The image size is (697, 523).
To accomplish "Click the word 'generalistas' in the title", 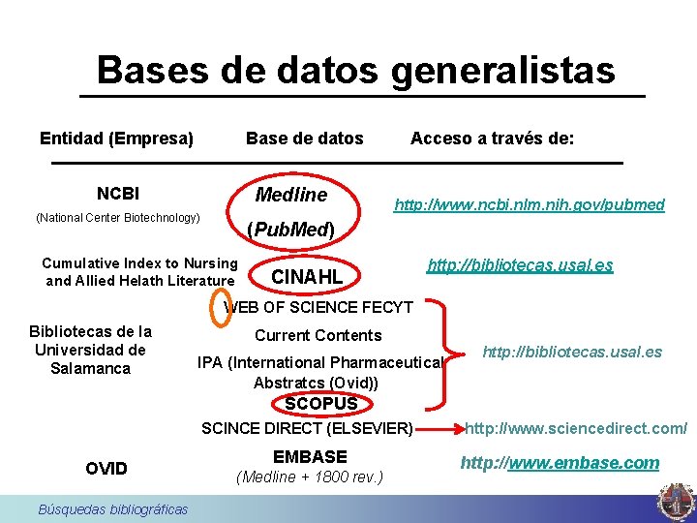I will tap(503, 70).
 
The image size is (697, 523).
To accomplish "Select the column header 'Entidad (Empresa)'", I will tap(117, 138).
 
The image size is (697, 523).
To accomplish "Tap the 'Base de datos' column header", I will tap(305, 138).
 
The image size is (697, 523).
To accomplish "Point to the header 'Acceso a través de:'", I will tap(493, 138).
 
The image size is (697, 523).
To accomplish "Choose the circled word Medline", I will tap(290, 196).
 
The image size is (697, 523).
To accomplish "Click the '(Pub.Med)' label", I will tap(290, 231).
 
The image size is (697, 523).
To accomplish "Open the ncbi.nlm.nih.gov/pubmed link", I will tap(529, 204).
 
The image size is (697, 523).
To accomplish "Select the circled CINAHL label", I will tap(308, 278).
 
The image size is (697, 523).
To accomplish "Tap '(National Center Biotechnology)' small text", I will tap(117, 218).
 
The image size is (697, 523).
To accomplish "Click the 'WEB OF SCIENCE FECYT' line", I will tap(318, 308).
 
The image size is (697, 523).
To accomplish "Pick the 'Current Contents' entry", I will tap(318, 335).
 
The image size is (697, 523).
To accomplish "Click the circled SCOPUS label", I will tap(321, 403).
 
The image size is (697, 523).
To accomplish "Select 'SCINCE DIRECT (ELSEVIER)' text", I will tap(307, 427).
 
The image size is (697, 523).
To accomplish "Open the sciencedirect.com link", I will tap(577, 428).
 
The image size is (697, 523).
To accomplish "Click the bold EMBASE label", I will tap(310, 456).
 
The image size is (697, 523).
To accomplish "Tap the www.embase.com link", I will tap(560, 463).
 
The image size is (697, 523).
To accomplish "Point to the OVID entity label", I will tap(106, 469).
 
